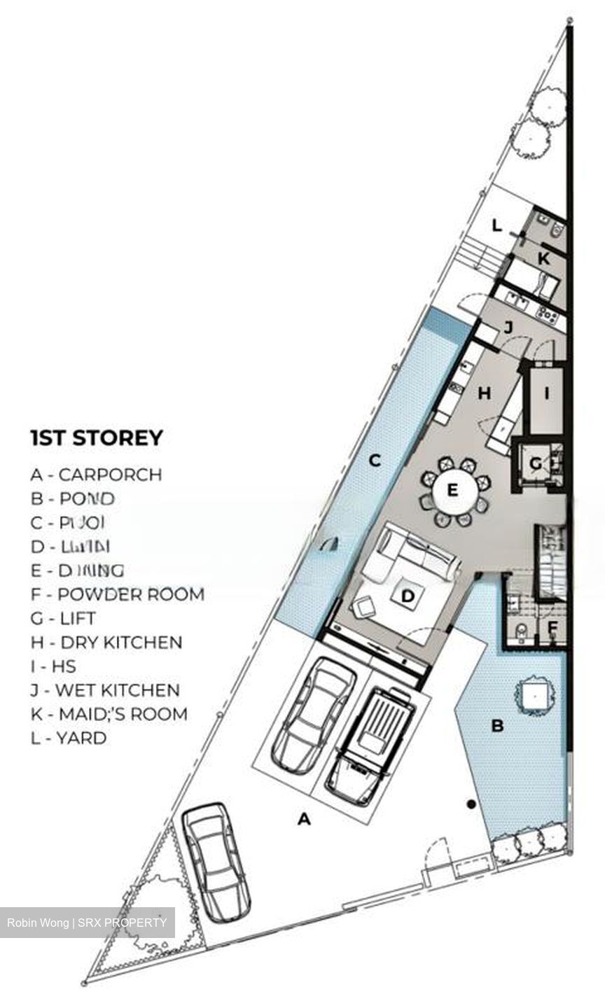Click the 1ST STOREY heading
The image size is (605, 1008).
pos(97,438)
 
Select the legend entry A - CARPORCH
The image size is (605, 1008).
pos(96,475)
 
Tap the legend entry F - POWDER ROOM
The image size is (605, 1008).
pos(117,594)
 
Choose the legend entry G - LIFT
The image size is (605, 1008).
pos(63,618)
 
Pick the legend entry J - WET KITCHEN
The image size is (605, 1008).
pos(105,690)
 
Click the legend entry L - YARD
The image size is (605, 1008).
pos(69,738)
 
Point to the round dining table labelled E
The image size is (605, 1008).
pos(452,489)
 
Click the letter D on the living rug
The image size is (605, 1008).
pos(407,596)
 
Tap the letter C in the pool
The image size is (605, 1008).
pos(375,461)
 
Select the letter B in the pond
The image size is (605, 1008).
pos(497,726)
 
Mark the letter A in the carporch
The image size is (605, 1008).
pos(304,818)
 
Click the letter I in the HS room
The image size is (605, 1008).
pos(547,393)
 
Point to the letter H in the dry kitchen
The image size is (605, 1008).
pos(484,393)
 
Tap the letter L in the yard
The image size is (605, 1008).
pos(496,226)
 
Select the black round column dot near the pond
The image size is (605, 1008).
pos(471,805)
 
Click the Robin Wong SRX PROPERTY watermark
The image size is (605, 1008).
pos(88,923)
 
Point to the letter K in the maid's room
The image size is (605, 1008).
pos(543,258)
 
